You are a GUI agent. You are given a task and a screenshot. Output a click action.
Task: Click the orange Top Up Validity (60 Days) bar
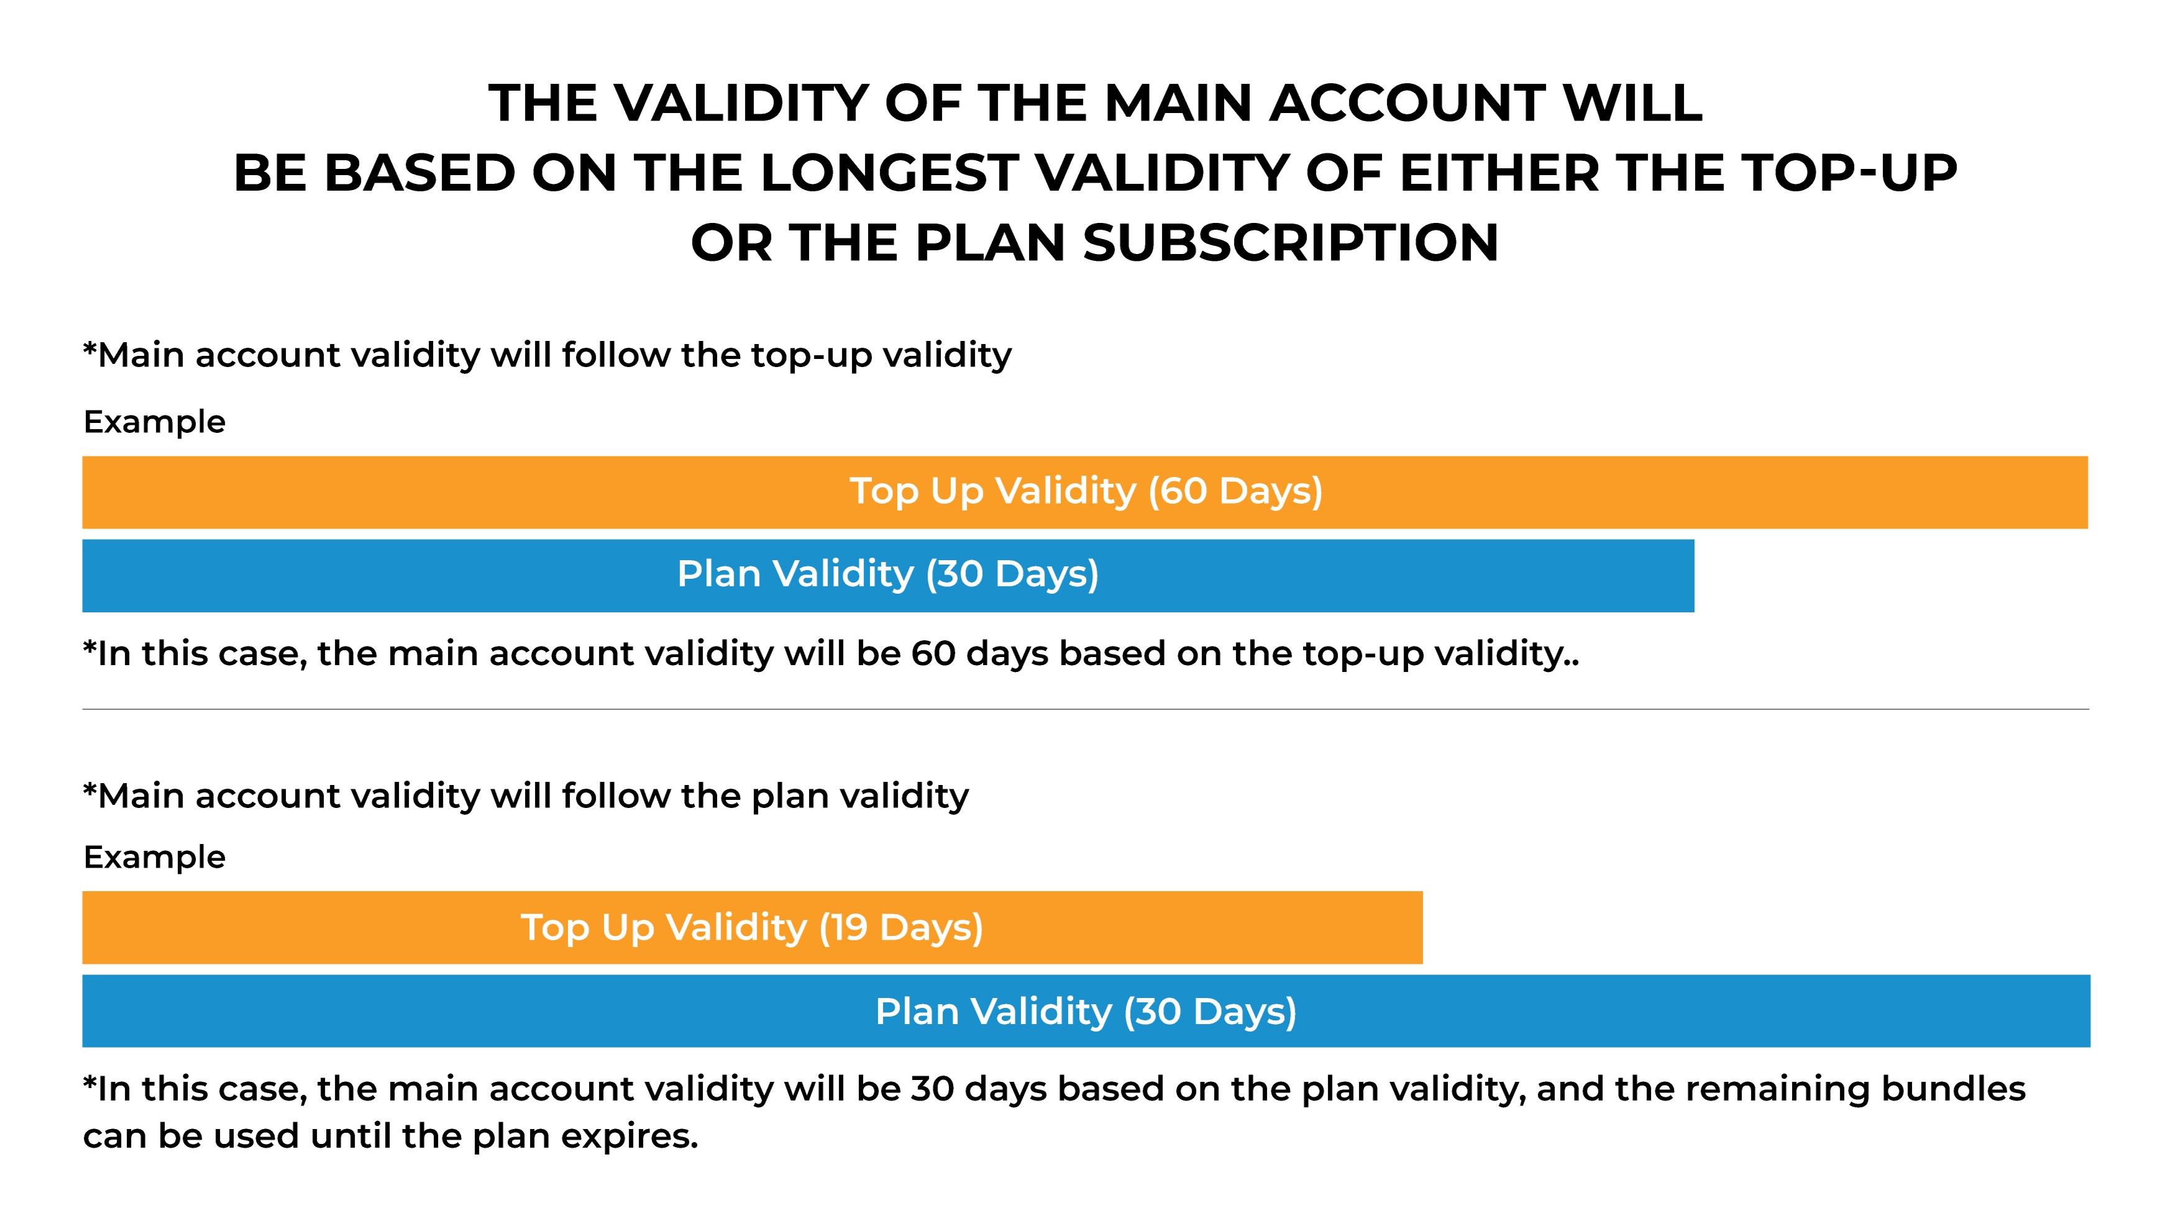[x=1085, y=492]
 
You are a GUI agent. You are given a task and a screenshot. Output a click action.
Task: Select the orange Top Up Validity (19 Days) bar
[x=752, y=927]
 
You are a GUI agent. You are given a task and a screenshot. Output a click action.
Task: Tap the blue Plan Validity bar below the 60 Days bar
[x=889, y=576]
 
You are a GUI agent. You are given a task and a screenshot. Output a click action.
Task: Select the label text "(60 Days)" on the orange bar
[x=1235, y=491]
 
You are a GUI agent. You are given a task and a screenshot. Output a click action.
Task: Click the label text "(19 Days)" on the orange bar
[x=901, y=927]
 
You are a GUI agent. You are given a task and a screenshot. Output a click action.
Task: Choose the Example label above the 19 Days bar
[x=155, y=858]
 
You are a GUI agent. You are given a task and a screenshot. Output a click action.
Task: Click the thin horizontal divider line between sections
[x=1086, y=709]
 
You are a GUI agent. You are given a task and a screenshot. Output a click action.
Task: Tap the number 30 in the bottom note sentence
[x=933, y=1089]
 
